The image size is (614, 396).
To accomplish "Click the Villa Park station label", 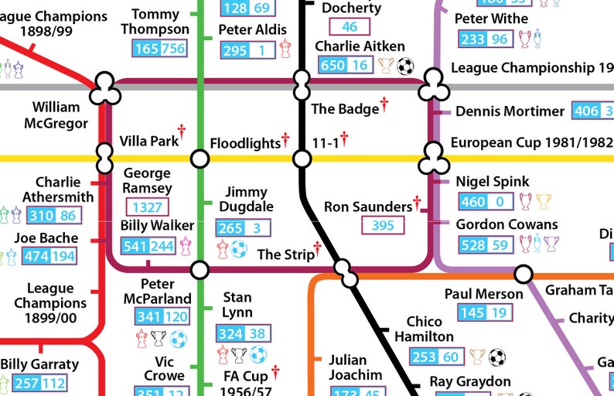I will click(148, 141).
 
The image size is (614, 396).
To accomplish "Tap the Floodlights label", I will click(244, 143).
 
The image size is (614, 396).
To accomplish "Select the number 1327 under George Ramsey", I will click(147, 207).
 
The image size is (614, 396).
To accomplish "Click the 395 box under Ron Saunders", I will click(383, 225).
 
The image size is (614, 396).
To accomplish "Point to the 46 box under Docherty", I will click(350, 27).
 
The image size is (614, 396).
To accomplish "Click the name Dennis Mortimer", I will click(510, 111).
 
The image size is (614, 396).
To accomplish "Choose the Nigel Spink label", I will click(493, 182).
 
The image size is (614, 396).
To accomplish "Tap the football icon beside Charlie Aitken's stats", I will click(405, 67).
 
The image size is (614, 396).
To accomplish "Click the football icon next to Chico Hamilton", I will click(496, 357).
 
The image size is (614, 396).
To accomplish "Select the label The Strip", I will click(285, 254).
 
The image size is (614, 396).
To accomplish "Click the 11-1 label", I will click(325, 142).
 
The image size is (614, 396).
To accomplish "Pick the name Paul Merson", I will click(483, 294).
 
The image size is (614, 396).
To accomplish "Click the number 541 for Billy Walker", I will click(135, 246).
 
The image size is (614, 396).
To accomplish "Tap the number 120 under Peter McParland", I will click(176, 316).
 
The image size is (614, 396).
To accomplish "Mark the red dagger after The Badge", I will click(384, 104).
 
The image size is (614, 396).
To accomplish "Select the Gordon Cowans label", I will click(507, 224).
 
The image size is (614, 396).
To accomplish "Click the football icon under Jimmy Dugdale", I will click(239, 249).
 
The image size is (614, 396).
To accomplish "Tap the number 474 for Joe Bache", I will click(39, 256).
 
